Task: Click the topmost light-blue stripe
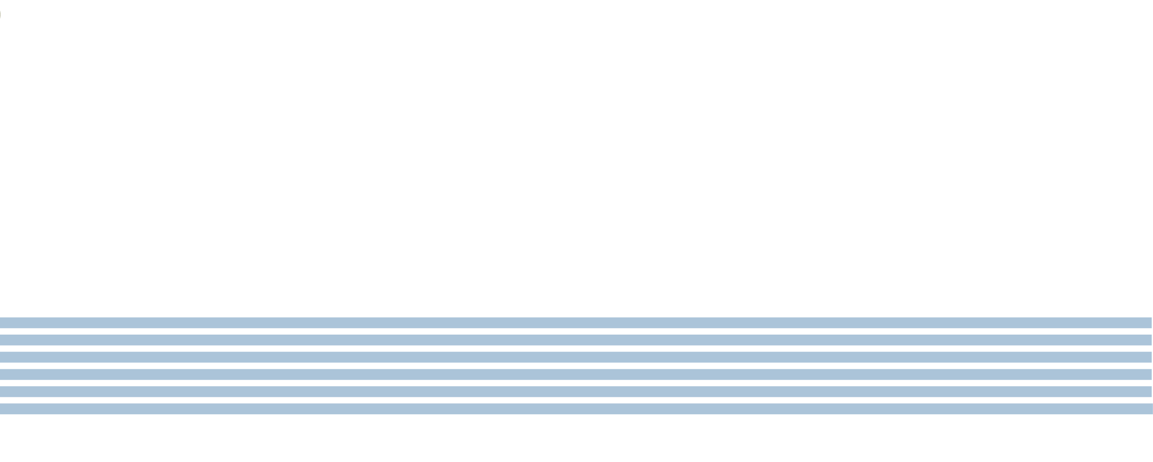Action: (x=576, y=323)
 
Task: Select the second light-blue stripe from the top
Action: (x=576, y=340)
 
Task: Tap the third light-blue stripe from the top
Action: (x=576, y=357)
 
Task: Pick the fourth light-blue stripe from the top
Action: (x=576, y=374)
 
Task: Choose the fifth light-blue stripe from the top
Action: (x=576, y=392)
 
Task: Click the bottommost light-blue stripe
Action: (x=576, y=409)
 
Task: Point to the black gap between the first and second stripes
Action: (x=576, y=331)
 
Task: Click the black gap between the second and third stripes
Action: (x=576, y=349)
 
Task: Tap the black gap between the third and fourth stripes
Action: (x=576, y=366)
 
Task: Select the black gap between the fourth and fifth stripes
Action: (x=576, y=383)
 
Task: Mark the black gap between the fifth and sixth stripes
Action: (x=576, y=401)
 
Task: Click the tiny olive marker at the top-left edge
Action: (x=0, y=15)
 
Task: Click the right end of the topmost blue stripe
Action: (x=1148, y=323)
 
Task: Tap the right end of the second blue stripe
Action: (x=1148, y=340)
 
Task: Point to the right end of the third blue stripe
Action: (x=1148, y=357)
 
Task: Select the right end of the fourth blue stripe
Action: (x=1148, y=374)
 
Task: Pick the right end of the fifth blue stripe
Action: (x=1148, y=392)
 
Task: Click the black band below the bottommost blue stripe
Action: (x=576, y=438)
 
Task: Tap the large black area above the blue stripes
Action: (x=576, y=157)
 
